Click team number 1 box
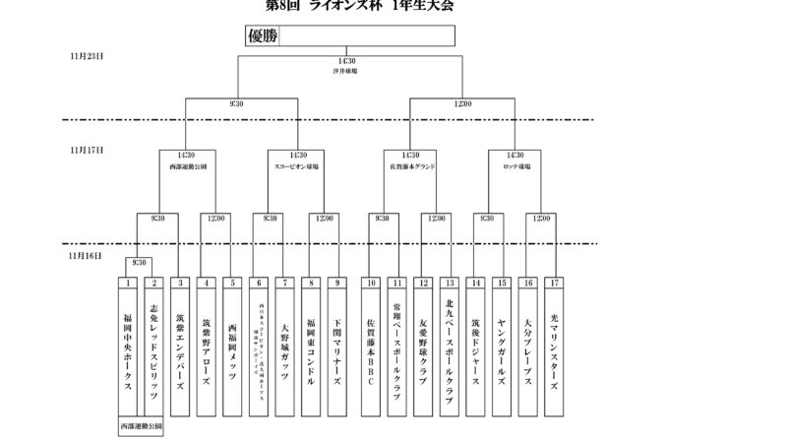pyautogui.click(x=128, y=283)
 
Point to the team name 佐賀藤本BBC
pyautogui.click(x=370, y=349)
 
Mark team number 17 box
pyautogui.click(x=554, y=283)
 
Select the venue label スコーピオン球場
pyautogui.click(x=294, y=166)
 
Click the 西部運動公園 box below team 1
pyautogui.click(x=140, y=427)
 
